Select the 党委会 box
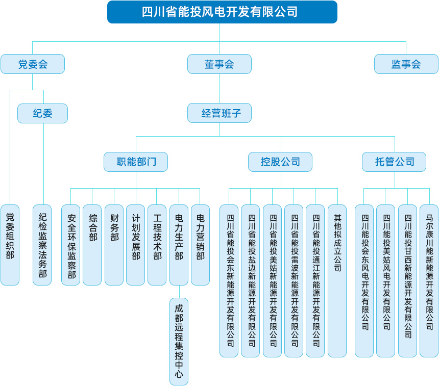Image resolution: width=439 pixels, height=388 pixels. tap(33, 64)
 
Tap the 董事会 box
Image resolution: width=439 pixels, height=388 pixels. tap(219, 64)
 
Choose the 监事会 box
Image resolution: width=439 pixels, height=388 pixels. tap(406, 64)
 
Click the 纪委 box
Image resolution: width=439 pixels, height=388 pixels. tap(42, 113)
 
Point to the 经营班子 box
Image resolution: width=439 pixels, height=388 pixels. tap(219, 113)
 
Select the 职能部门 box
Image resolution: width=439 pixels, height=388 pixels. tap(136, 162)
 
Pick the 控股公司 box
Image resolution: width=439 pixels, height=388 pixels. tap(280, 162)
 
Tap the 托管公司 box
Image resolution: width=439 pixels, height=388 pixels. tap(395, 162)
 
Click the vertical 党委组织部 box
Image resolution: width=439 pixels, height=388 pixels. tap(10, 245)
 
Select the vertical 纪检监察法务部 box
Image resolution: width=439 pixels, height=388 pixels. tap(42, 245)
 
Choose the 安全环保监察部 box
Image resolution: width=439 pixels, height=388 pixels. tap(71, 245)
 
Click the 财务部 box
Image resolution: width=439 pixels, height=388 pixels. tap(114, 245)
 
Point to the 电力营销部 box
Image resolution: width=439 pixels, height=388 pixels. tap(200, 245)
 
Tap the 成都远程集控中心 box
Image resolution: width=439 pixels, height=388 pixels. tap(179, 341)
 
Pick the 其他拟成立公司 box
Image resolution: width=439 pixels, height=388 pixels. tap(337, 280)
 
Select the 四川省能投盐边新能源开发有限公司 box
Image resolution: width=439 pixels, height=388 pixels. tap(251, 280)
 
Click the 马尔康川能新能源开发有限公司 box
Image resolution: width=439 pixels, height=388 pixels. tap(429, 280)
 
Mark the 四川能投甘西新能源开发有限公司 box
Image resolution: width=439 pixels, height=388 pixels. tap(407, 280)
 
